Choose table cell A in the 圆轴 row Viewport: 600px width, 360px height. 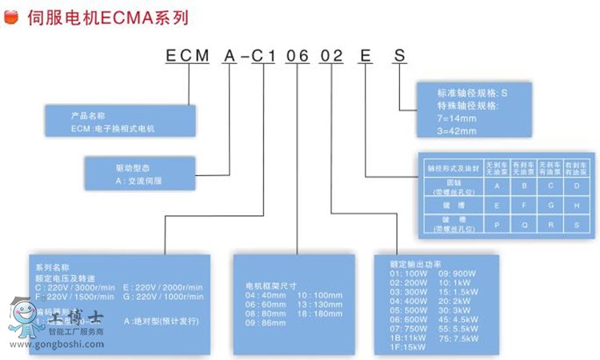[x=498, y=186]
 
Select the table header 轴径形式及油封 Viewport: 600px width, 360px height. [x=452, y=168]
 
